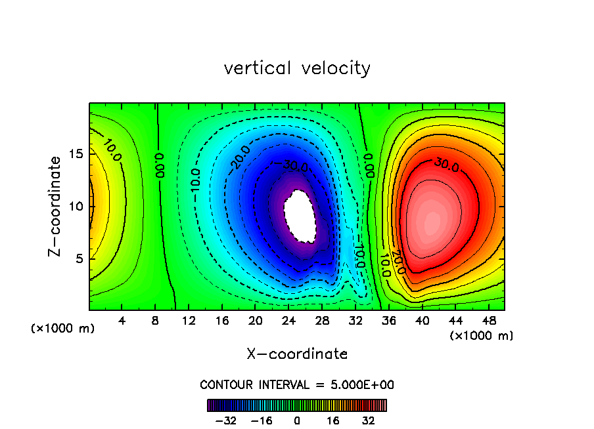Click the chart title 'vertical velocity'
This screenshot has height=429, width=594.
(x=297, y=68)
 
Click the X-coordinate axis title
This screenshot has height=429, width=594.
(x=297, y=354)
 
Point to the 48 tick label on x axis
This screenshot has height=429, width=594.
(x=488, y=321)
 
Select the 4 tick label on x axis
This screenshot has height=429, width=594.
(x=122, y=321)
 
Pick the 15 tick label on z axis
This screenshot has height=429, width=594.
(x=77, y=154)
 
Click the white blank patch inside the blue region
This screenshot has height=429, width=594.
(x=300, y=216)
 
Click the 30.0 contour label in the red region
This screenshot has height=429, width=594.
(x=446, y=162)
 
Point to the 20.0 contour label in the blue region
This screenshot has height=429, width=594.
(x=242, y=157)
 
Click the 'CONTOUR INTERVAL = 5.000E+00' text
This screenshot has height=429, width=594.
(x=297, y=384)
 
